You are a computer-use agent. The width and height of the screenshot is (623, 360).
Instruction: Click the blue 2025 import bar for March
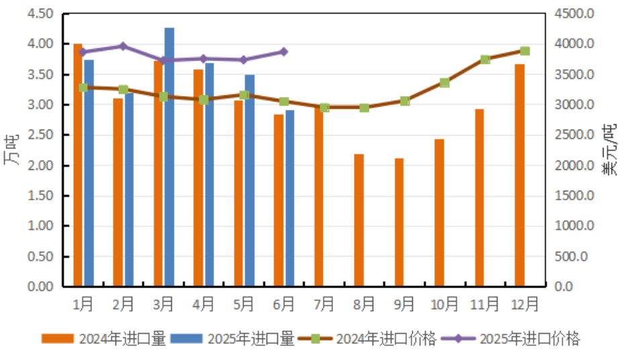tap(169, 157)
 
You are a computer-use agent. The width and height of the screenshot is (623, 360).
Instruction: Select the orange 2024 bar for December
tap(520, 175)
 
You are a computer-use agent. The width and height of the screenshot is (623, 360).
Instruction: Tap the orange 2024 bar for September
tap(399, 222)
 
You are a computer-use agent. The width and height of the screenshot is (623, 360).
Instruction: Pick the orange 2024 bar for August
tap(359, 220)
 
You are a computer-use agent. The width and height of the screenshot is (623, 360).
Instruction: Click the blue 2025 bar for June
tap(289, 198)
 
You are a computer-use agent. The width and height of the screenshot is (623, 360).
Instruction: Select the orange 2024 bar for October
tap(439, 213)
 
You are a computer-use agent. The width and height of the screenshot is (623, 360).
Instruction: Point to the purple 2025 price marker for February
tap(123, 46)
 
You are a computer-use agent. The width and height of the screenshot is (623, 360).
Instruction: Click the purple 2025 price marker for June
tap(283, 52)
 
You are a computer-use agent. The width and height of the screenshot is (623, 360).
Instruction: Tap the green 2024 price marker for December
tap(525, 51)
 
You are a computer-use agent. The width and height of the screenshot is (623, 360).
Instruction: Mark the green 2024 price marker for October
tap(444, 83)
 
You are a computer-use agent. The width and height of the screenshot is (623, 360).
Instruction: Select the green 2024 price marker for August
tap(364, 107)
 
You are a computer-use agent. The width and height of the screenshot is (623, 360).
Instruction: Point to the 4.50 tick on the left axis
tap(41, 14)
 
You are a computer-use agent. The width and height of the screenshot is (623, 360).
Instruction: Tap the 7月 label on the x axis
tap(324, 304)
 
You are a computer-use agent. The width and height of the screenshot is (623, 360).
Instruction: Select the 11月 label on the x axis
tap(485, 304)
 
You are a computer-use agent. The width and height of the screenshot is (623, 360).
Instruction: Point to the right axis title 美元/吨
tap(610, 150)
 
